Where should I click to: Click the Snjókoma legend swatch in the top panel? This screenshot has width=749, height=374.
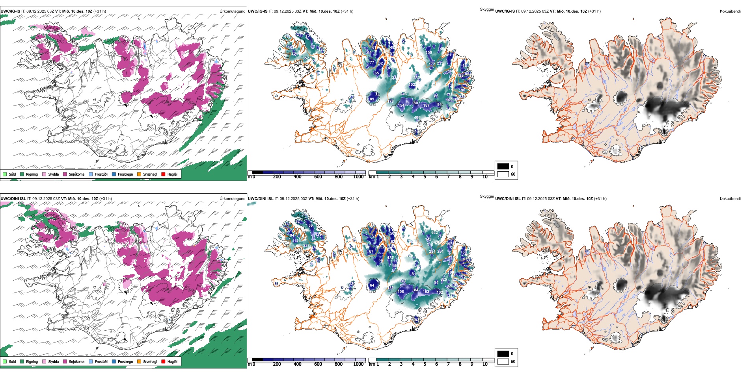click(x=65, y=174)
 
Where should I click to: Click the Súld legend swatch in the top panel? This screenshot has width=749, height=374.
click(x=5, y=174)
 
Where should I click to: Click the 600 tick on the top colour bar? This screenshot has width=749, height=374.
click(x=318, y=177)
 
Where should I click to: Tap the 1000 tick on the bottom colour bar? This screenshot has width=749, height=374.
click(x=358, y=364)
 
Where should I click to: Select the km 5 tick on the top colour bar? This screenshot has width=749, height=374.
click(x=425, y=177)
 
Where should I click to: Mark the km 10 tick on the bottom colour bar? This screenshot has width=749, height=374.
click(x=485, y=364)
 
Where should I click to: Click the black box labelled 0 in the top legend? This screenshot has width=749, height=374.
click(x=503, y=167)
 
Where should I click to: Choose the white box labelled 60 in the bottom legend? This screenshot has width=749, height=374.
click(x=503, y=361)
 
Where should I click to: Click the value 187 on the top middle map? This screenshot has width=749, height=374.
click(x=426, y=105)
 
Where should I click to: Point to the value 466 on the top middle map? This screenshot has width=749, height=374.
click(x=417, y=117)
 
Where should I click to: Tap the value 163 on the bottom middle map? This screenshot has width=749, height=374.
click(x=426, y=292)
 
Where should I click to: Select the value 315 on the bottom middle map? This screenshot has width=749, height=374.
click(x=430, y=245)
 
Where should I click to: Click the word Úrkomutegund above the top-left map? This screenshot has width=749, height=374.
click(x=232, y=11)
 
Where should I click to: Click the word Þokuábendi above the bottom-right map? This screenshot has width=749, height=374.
click(x=730, y=199)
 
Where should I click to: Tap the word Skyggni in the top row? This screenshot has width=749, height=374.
click(x=486, y=9)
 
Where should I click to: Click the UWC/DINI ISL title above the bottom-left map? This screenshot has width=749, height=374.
click(x=13, y=199)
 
